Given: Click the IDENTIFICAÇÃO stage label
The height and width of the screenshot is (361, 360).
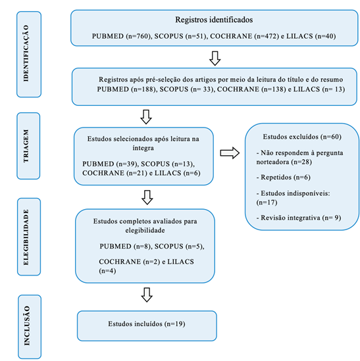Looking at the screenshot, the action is pos(26,53).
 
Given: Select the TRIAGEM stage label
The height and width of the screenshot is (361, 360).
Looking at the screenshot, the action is pos(26,146).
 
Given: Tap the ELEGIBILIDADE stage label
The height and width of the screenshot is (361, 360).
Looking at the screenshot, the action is pos(26,237).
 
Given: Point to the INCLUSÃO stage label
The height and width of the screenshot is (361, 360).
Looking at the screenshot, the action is pos(27,325).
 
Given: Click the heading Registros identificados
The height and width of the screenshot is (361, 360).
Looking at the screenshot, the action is pos(214,20).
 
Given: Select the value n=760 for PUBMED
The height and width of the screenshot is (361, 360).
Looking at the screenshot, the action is pos(138,36).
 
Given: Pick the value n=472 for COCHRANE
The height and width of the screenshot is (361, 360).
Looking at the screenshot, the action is pos(267,36).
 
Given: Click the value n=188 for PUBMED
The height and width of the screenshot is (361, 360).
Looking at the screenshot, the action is pos(143,89).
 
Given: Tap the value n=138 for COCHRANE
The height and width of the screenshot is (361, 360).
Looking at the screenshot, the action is pos(274,89).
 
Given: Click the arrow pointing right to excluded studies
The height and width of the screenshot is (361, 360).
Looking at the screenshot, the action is pos(230,153).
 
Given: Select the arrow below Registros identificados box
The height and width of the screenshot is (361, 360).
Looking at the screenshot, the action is pos(215,59).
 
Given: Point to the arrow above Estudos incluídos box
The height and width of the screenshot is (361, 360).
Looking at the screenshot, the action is pos(147,295).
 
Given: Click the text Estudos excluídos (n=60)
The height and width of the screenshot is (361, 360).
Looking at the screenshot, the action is pos(302,137).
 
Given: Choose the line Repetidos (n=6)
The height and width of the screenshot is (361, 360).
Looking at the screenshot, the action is pos(283,178).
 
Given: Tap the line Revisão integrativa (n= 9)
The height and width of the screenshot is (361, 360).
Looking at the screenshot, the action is pos(299,218).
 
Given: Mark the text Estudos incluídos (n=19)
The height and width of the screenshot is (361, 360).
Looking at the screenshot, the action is pos(147,324).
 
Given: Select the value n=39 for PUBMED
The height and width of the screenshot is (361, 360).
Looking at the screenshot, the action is pos(127,164).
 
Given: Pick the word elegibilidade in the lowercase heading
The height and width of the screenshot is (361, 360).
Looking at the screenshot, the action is pos(145,230).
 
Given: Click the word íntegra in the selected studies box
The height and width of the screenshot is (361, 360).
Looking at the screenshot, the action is pos(143,148).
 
